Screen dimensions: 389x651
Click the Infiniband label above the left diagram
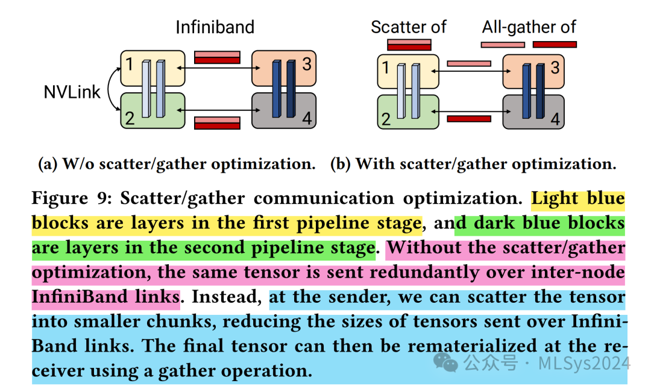tap(215, 27)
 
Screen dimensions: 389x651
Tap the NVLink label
tap(72, 92)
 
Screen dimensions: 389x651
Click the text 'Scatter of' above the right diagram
tap(408, 27)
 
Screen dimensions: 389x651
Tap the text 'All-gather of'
tap(529, 27)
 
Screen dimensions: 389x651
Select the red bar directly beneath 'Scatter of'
tap(409, 43)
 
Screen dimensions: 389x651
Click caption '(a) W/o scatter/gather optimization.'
tap(176, 164)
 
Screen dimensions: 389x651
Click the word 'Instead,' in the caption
tap(227, 297)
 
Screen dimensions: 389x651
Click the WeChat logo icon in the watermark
tap(447, 363)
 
